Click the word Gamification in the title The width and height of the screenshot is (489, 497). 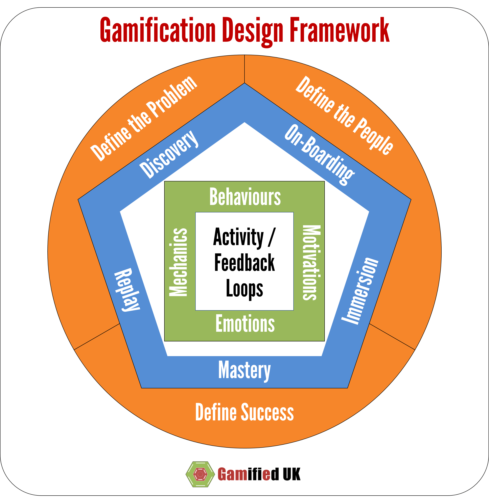pos(157,30)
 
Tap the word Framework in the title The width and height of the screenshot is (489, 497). pos(339,30)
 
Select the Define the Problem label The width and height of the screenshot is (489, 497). pos(144,119)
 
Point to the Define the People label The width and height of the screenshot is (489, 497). pos(344,115)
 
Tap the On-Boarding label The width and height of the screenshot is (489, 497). pos(320,154)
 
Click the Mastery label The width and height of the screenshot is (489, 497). pos(244,370)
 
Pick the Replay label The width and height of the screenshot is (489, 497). pos(127,290)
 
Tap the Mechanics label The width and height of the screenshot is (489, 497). pos(178,262)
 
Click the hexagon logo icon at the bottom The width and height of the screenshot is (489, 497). pos(200,474)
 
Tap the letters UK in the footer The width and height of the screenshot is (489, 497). pos(291,474)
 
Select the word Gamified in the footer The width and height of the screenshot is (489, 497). pos(248,474)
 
